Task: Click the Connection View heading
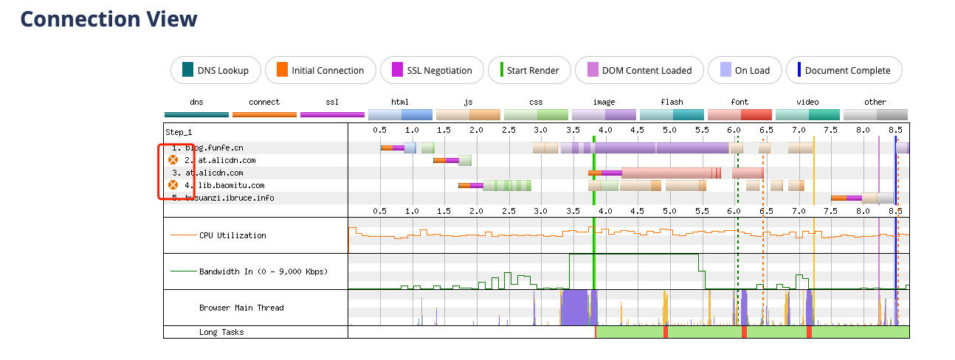[x=108, y=19]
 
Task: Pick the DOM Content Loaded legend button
[x=638, y=71]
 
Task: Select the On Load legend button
[x=743, y=71]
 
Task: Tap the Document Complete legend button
[x=844, y=71]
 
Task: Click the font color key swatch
[x=739, y=114]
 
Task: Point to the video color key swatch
[x=807, y=114]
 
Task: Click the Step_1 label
[x=179, y=131]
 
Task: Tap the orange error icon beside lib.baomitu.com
[x=173, y=185]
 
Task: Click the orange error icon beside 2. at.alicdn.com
[x=173, y=159]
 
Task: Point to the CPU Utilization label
[x=232, y=235]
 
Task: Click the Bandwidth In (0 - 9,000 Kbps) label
[x=263, y=271]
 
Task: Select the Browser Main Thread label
[x=241, y=308]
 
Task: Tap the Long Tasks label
[x=221, y=332]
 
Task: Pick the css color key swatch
[x=536, y=114]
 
